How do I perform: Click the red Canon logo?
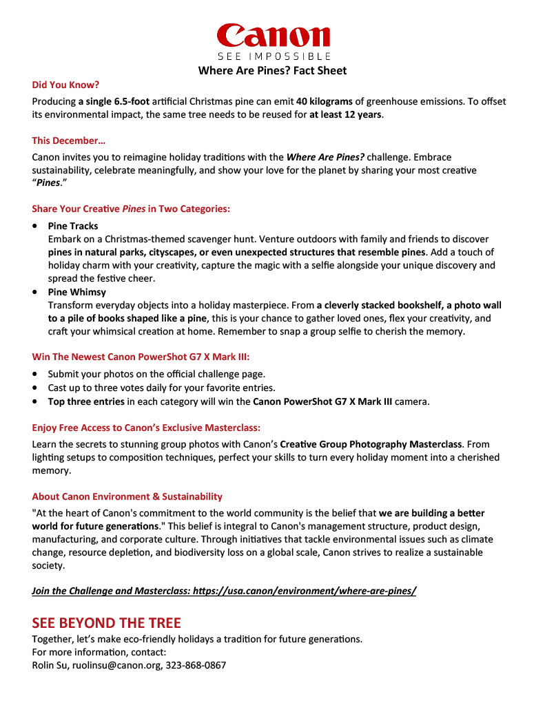point(273,35)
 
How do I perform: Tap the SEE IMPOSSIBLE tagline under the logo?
point(274,56)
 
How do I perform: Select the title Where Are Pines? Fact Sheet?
point(273,70)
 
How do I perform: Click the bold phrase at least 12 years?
point(345,114)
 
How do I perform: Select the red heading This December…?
point(69,140)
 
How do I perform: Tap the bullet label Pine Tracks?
point(73,226)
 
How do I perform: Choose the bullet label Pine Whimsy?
point(77,292)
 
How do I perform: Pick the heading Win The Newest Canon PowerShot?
point(141,357)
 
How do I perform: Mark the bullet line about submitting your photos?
point(156,374)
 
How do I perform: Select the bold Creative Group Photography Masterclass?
point(371,444)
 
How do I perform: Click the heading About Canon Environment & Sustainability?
point(127,496)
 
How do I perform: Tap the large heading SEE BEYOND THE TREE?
point(106,623)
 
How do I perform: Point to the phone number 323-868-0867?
point(196,666)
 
